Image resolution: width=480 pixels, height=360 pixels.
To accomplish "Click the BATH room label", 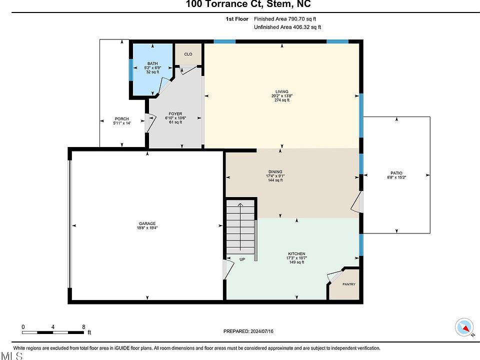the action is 152,63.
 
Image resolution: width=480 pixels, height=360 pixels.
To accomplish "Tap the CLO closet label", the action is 188,54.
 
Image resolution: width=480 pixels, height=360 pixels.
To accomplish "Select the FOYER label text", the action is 175,114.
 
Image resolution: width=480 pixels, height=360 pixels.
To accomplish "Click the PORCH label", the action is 122,119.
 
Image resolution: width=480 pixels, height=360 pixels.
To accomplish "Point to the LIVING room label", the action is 281,91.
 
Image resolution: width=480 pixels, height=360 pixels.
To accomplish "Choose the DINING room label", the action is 275,171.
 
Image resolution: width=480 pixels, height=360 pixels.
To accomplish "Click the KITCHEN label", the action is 296,254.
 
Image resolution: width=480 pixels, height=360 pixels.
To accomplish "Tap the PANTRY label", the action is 349,284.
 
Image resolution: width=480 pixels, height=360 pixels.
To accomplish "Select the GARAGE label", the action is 147,224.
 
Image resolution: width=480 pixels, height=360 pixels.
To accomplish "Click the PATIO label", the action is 396,173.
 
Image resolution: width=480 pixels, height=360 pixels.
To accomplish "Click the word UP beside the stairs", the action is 242,259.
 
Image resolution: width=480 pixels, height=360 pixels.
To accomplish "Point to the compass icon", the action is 464,327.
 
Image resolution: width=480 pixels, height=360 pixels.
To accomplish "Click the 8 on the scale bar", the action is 83,327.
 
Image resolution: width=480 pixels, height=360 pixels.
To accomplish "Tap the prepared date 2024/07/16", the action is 261,331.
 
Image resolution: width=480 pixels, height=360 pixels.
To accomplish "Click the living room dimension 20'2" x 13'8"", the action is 281,96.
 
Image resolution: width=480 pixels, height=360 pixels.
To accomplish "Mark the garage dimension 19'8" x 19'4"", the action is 147,228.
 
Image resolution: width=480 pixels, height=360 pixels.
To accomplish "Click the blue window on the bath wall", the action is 130,70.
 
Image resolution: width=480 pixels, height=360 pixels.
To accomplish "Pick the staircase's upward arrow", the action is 240,227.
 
